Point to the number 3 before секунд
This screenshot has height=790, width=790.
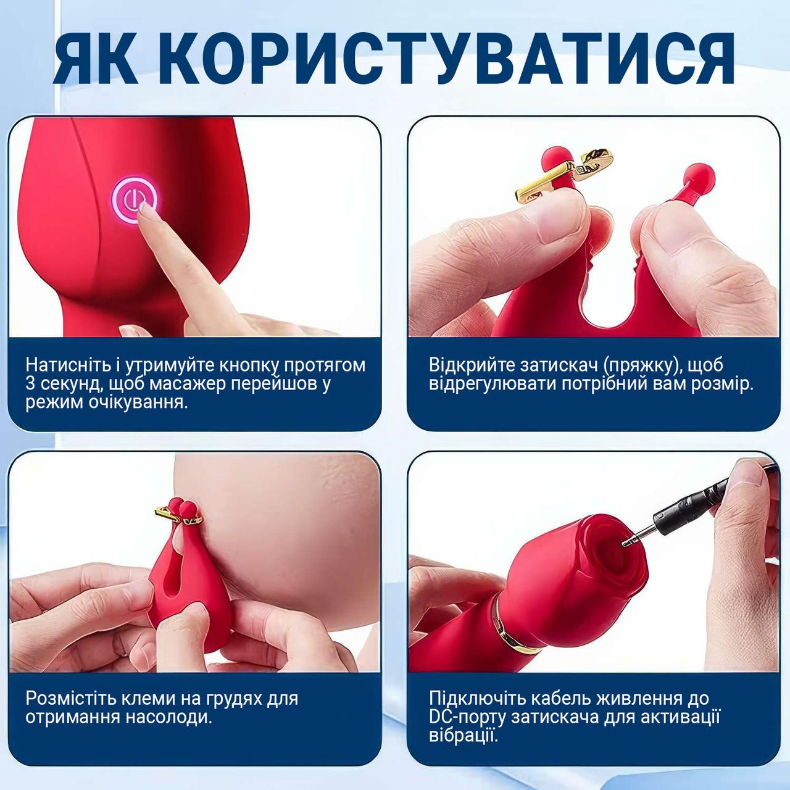click(x=31, y=384)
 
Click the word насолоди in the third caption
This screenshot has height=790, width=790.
click(x=168, y=717)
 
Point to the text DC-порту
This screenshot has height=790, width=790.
click(x=467, y=717)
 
